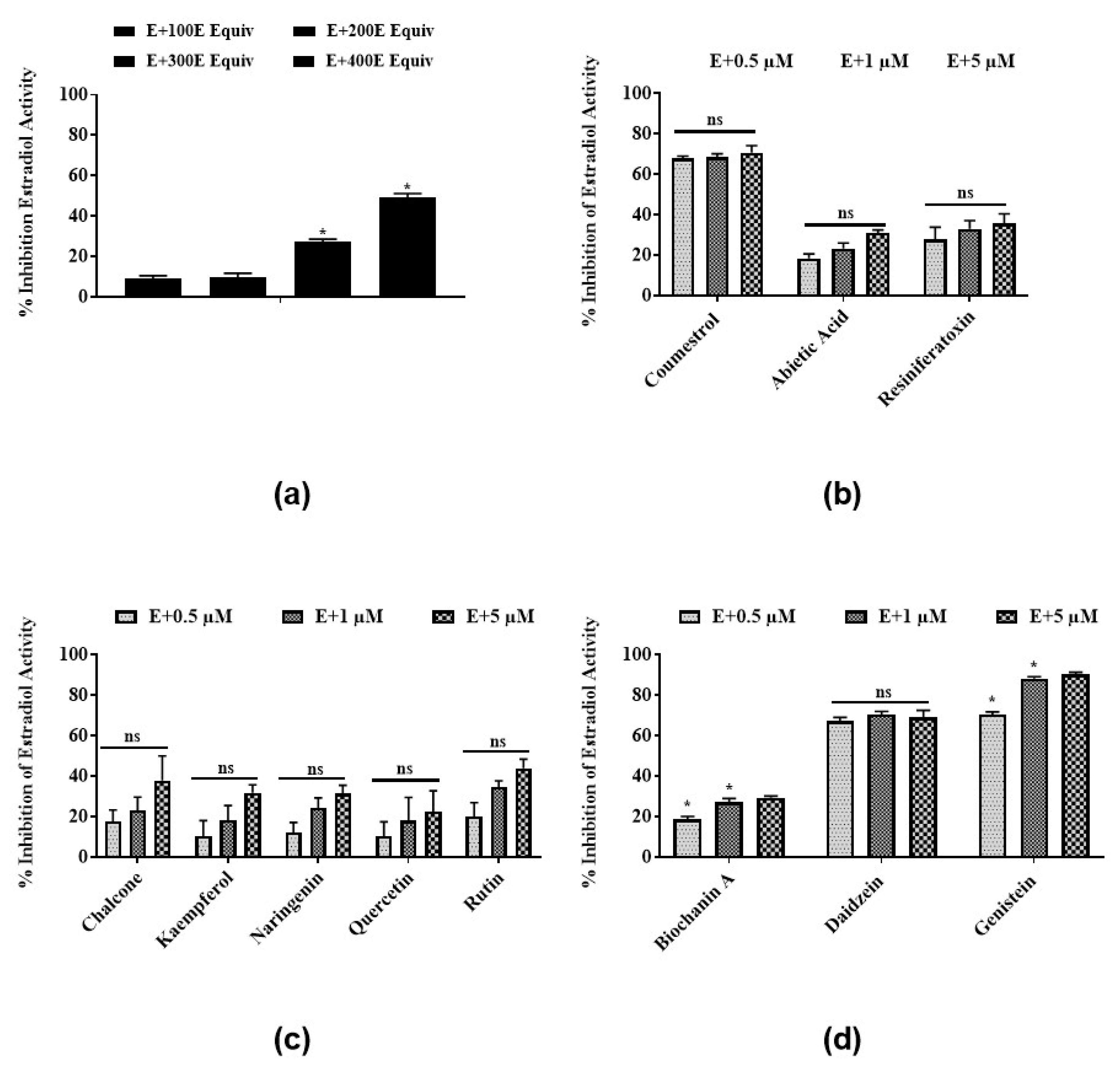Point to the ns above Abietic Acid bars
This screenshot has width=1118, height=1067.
tap(845, 213)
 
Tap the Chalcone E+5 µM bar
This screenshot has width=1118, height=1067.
tap(162, 819)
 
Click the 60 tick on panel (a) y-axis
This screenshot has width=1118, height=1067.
tap(78, 175)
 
